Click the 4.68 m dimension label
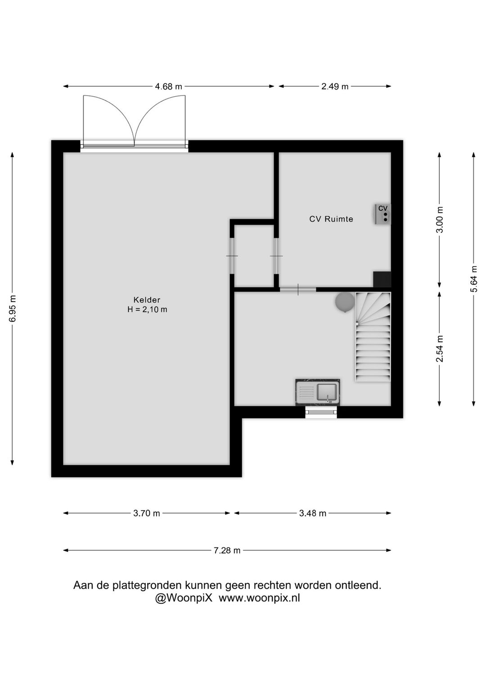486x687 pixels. (x=168, y=86)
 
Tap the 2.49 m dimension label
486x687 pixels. (x=335, y=86)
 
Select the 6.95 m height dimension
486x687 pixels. (x=13, y=308)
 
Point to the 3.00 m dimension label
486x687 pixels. (x=440, y=220)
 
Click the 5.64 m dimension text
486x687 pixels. (x=474, y=279)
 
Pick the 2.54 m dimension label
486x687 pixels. (x=440, y=349)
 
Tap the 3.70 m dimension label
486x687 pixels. (x=147, y=513)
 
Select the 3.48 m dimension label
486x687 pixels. (x=313, y=513)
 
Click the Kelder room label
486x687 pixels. (x=147, y=300)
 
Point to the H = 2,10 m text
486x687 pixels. (x=148, y=309)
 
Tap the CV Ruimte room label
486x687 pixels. (x=331, y=219)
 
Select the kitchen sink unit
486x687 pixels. (x=318, y=392)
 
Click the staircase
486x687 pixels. (x=373, y=337)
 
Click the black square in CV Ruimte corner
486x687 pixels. (x=382, y=280)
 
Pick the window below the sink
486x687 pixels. (x=321, y=412)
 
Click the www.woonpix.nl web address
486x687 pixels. (x=259, y=598)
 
